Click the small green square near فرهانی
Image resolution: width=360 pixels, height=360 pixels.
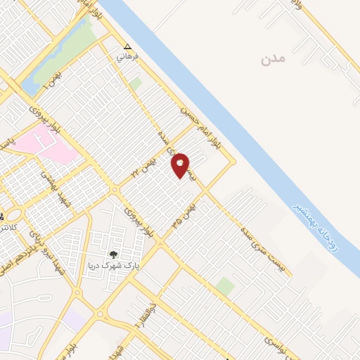tap(136, 84)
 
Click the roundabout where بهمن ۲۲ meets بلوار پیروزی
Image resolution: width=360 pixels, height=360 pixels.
tap(114, 190)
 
